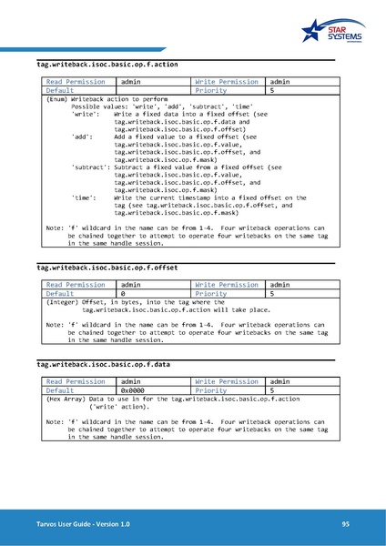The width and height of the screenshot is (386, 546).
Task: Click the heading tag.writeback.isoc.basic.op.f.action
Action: click(107, 66)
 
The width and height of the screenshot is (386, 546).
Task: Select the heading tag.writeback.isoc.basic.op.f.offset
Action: click(107, 269)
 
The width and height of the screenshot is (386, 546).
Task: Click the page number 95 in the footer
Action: click(346, 523)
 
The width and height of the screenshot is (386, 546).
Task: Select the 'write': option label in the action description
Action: click(85, 113)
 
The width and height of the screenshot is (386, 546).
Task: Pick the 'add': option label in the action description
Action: click(81, 136)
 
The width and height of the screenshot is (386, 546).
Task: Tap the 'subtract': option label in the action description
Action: click(91, 167)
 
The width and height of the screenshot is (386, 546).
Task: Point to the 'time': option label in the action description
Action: click(83, 197)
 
